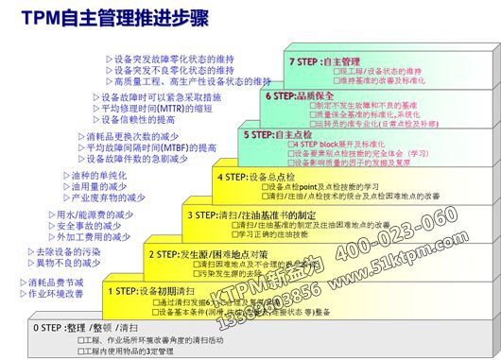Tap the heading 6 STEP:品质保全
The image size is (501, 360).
pos(302,95)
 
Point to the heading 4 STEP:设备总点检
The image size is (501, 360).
pos(256,176)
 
